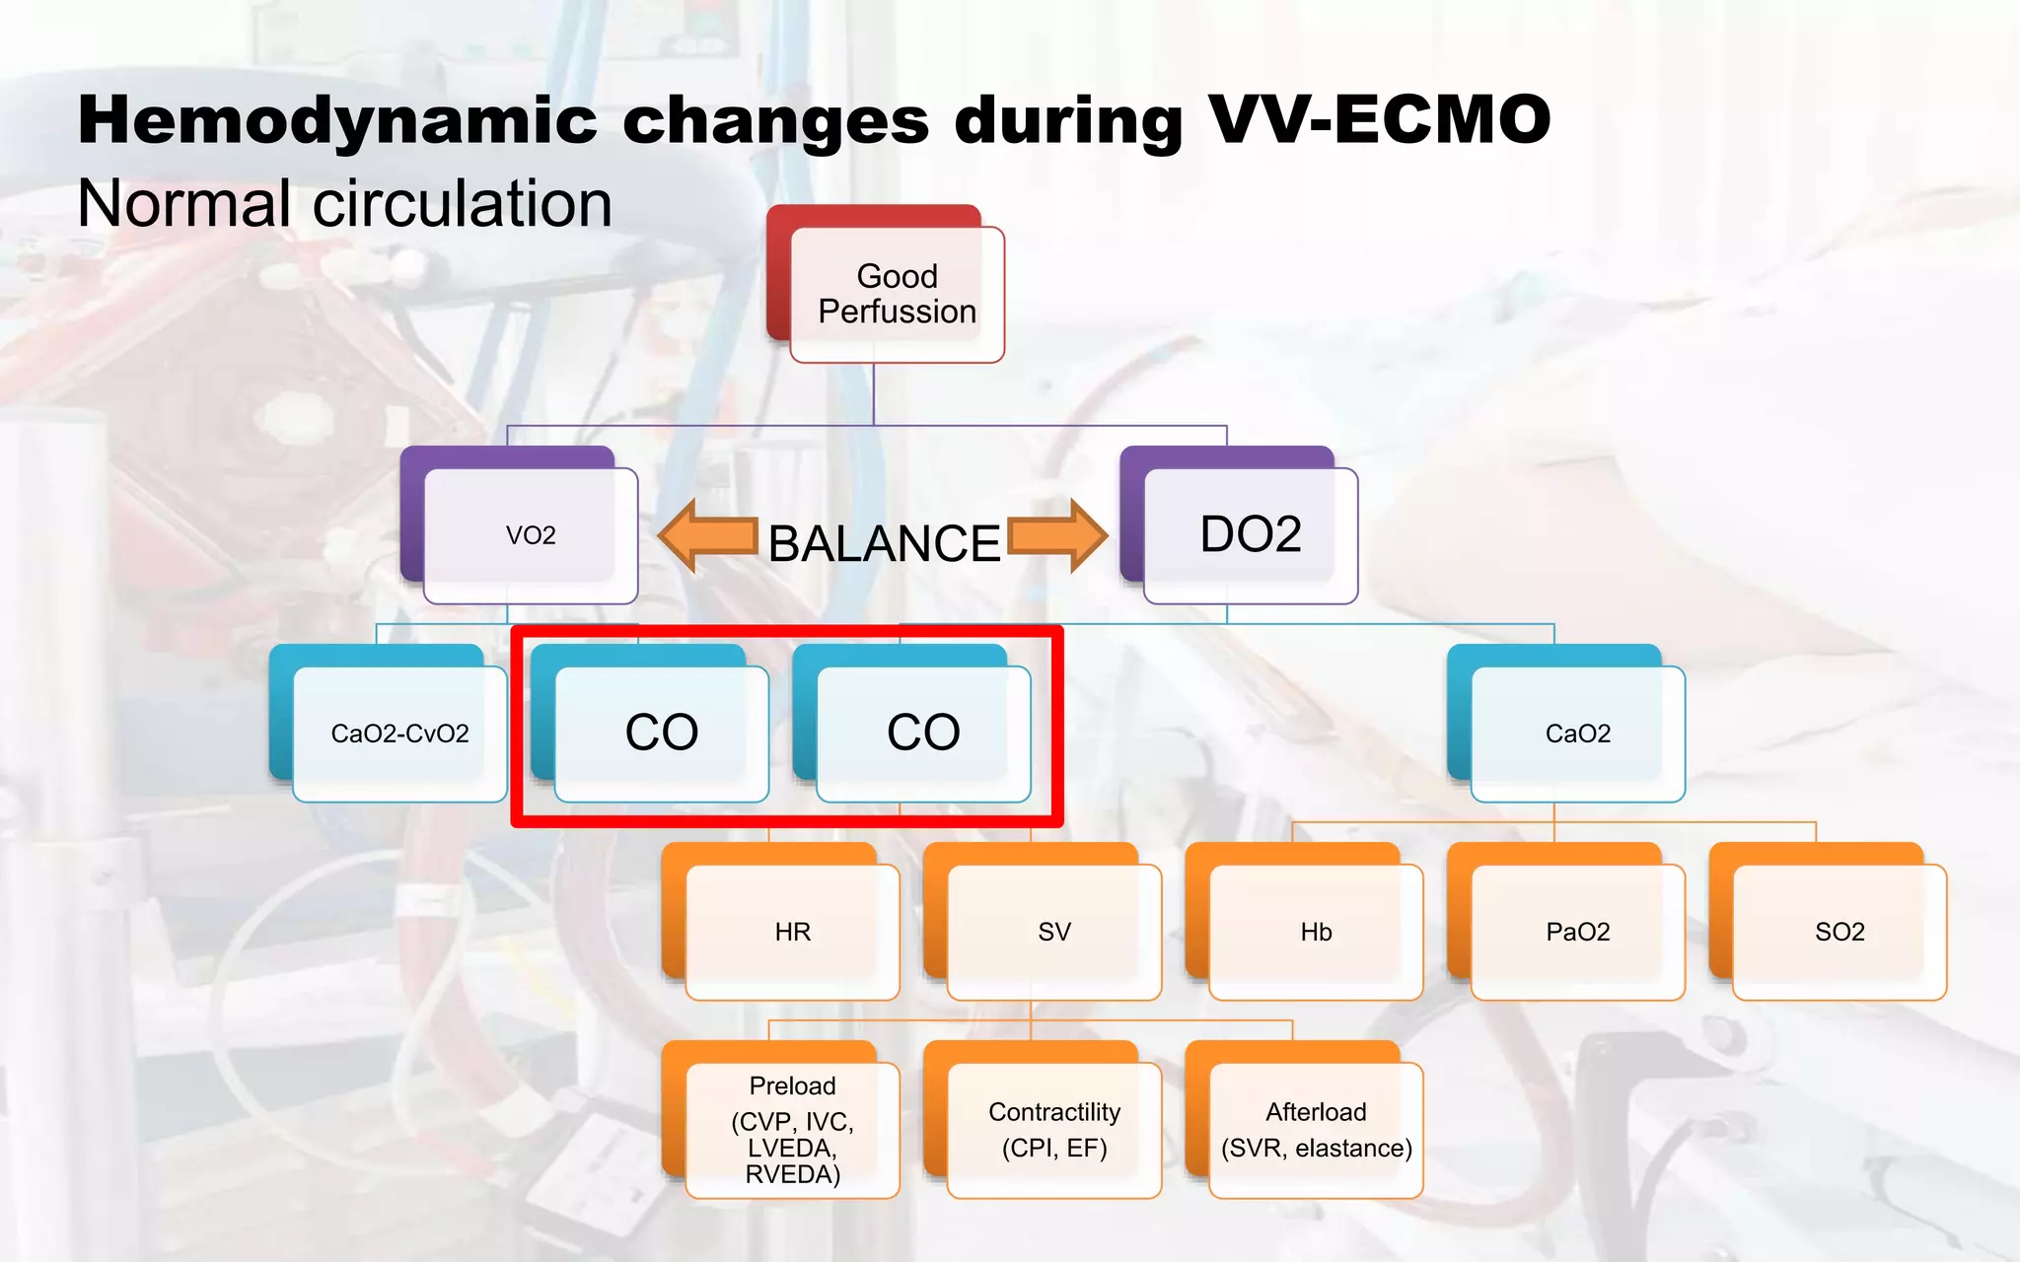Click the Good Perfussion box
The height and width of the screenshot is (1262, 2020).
896,294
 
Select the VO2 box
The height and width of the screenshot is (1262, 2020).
530,535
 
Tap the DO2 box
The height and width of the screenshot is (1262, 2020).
1250,535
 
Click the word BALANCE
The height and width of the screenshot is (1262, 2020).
884,543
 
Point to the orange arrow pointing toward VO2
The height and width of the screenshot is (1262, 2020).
707,536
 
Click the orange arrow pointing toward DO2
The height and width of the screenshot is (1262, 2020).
1056,536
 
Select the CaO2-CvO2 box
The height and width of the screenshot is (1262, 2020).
399,734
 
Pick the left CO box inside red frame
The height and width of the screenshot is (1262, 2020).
661,734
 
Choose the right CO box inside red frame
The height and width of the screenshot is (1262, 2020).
923,734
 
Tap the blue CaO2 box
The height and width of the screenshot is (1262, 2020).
1577,734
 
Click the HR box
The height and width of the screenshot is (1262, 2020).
792,932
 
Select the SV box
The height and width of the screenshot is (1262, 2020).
1053,932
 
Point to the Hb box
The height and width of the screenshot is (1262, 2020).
1316,932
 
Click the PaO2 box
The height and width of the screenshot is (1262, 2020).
1577,932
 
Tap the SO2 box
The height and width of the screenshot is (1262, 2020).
1840,932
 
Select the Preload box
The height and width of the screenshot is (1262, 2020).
792,1130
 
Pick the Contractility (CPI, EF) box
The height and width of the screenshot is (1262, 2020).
1053,1130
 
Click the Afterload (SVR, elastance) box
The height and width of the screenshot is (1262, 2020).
1316,1130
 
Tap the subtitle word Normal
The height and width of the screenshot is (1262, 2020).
183,204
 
